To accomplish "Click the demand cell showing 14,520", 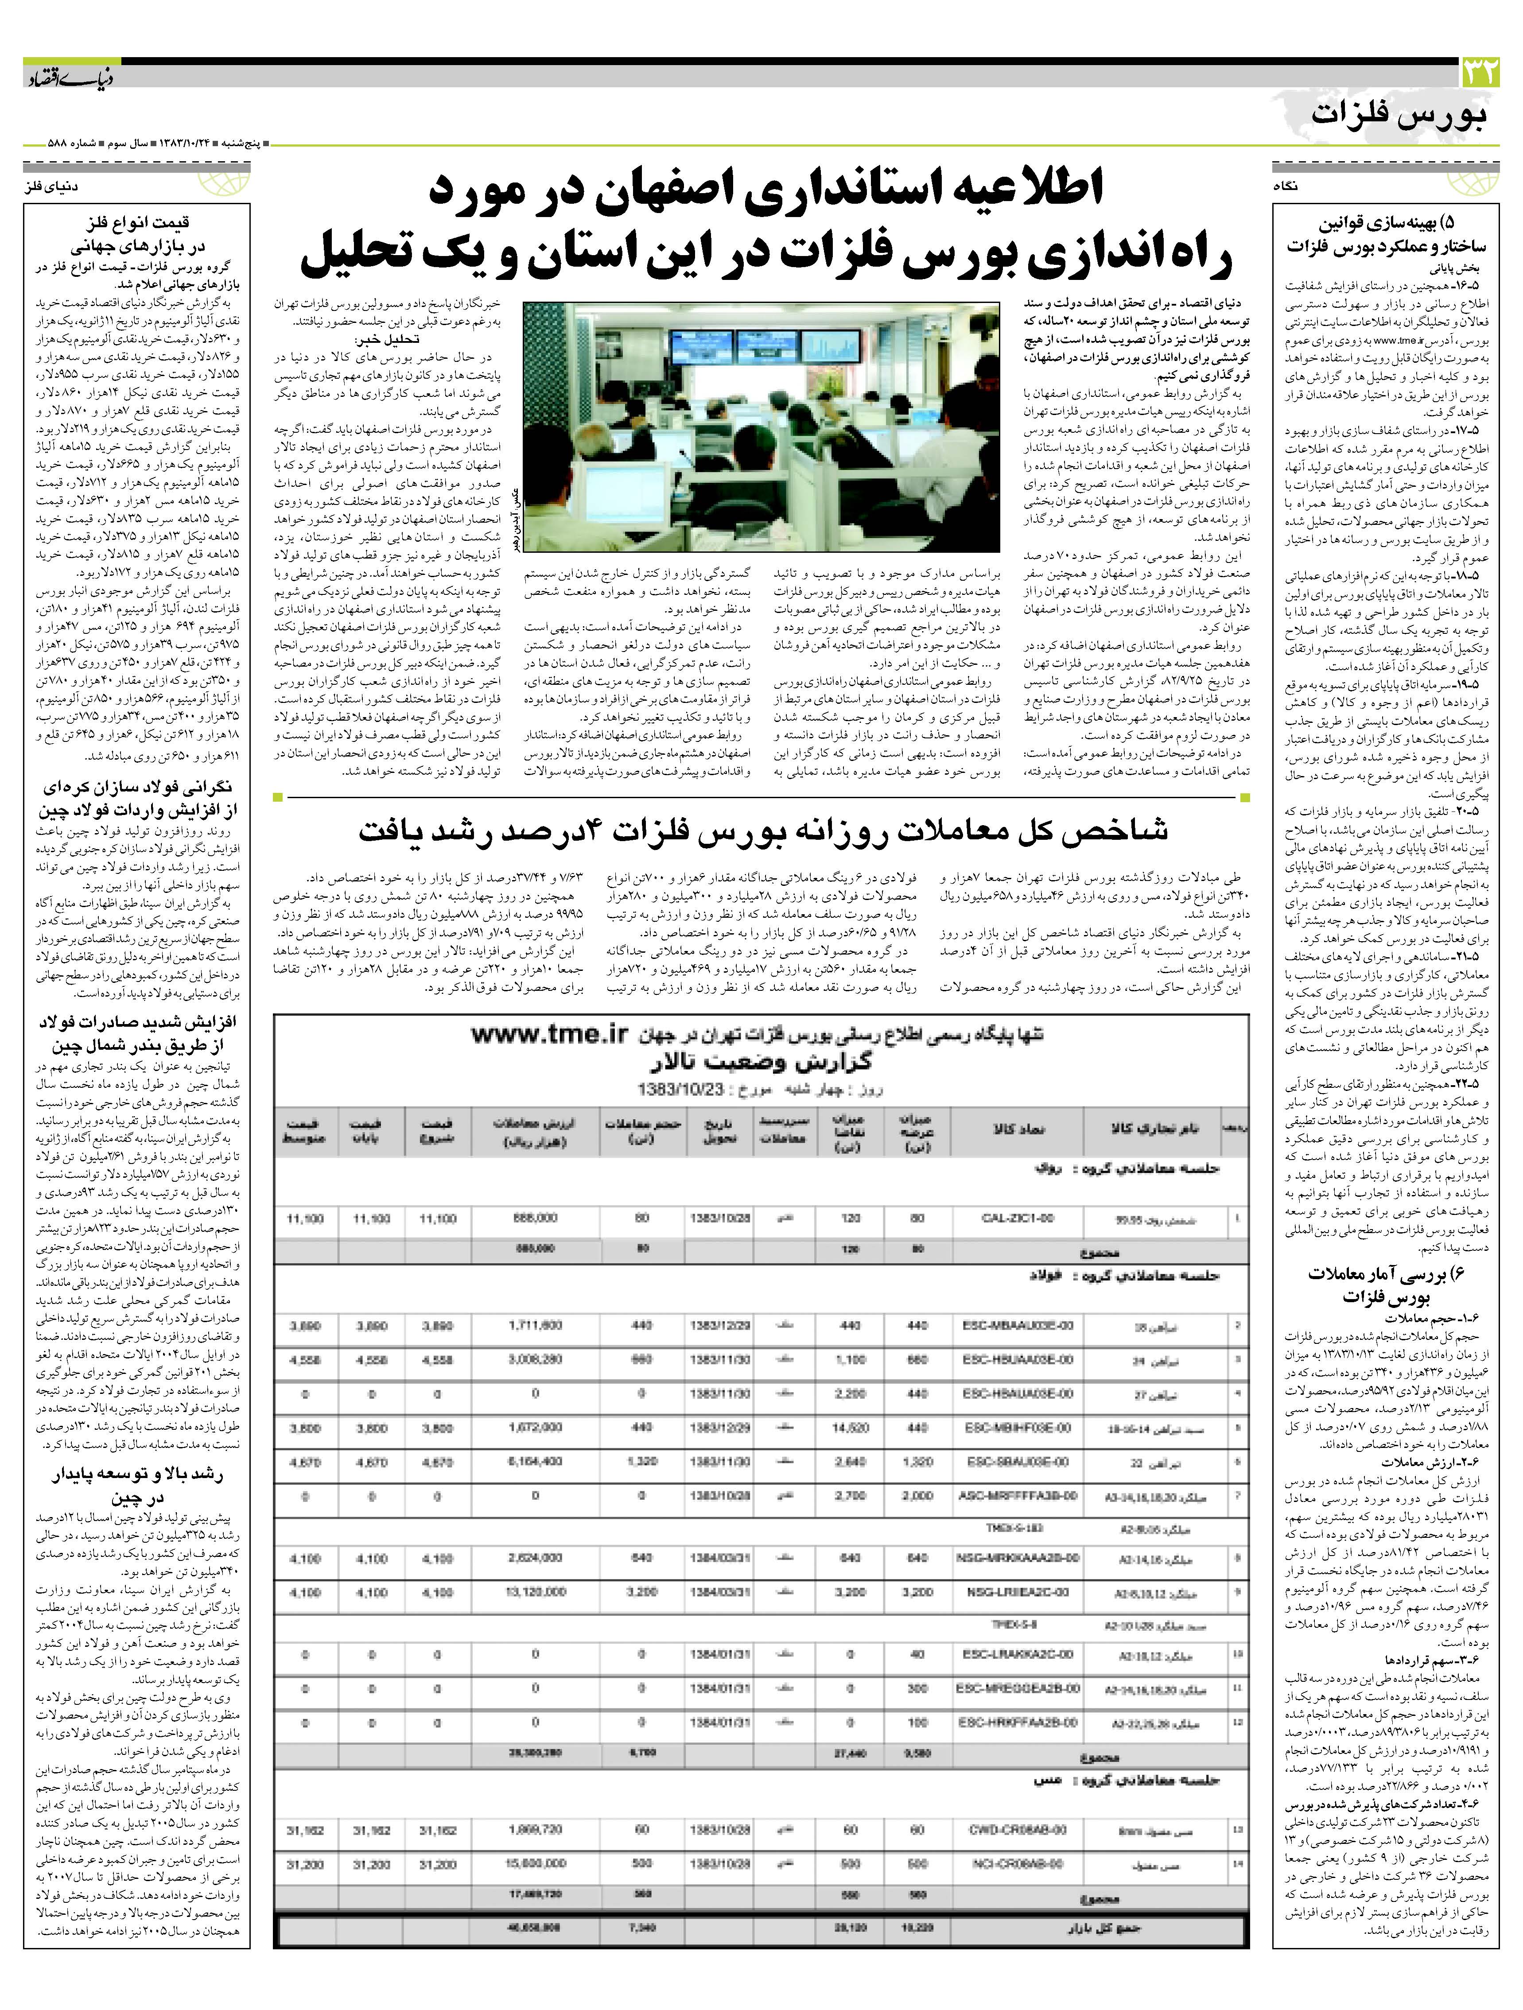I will [x=850, y=1428].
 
